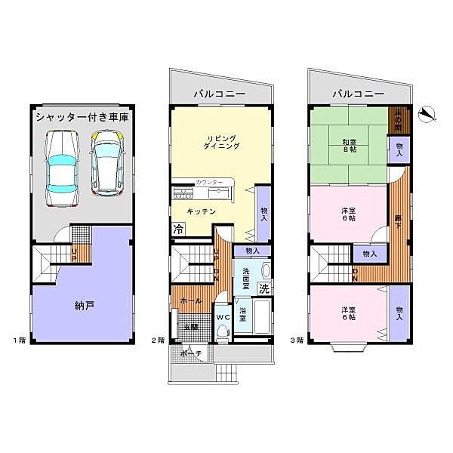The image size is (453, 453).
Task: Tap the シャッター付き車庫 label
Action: pyautogui.click(x=81, y=118)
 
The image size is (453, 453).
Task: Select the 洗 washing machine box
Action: pyautogui.click(x=263, y=288)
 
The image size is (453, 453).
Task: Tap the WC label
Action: pyautogui.click(x=223, y=318)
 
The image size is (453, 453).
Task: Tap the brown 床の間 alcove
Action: pyautogui.click(x=396, y=119)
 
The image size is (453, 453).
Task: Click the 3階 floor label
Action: pyautogui.click(x=299, y=341)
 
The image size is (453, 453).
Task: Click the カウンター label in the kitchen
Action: pyautogui.click(x=208, y=183)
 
